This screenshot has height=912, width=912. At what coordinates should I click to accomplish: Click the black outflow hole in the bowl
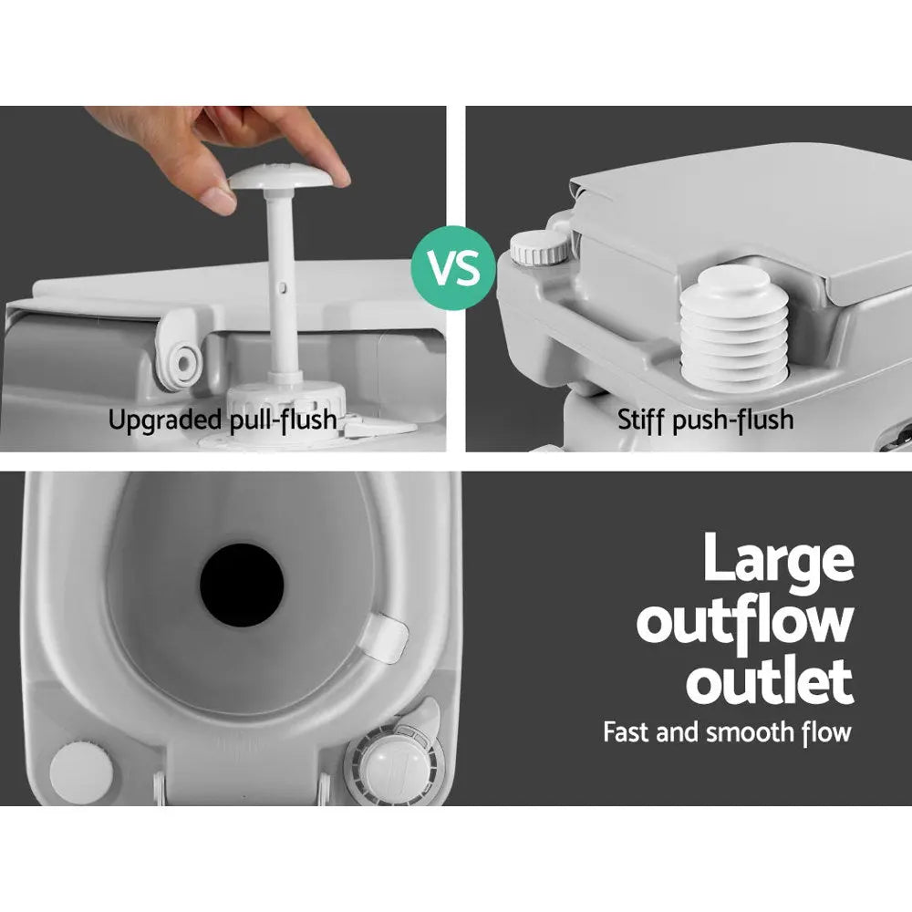[x=242, y=585]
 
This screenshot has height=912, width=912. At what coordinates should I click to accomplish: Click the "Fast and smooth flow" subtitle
[x=727, y=731]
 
